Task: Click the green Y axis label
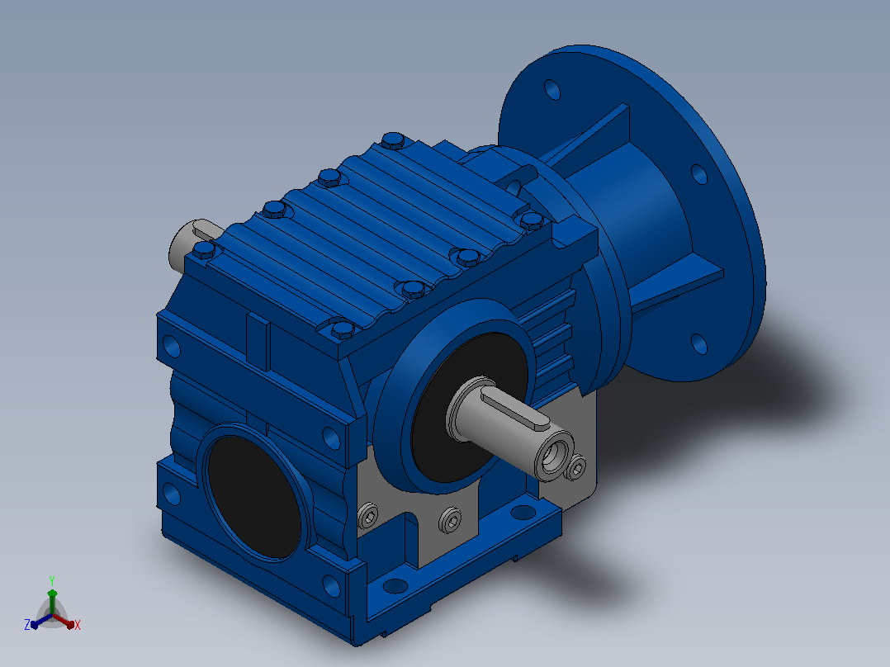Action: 52,580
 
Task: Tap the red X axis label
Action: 78,625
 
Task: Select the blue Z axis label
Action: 27,624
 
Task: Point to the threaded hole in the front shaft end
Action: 552,453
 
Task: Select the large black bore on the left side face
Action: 253,497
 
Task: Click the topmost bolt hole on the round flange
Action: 552,90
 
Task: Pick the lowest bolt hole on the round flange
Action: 698,344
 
